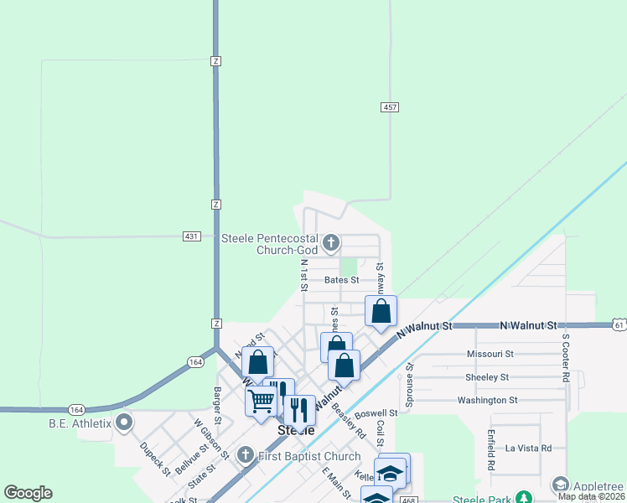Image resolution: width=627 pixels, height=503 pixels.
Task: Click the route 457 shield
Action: pyautogui.click(x=390, y=107)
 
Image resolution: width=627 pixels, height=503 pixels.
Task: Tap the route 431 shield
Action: pyautogui.click(x=192, y=236)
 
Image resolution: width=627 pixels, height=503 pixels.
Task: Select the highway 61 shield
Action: pyautogui.click(x=619, y=324)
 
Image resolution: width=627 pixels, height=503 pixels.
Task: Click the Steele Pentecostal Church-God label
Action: pyautogui.click(x=269, y=243)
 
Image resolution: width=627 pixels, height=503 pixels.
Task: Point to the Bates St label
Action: pyautogui.click(x=341, y=280)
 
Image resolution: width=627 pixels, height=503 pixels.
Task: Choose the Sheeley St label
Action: pyautogui.click(x=487, y=377)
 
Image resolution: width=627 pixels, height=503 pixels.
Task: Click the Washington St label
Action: pyautogui.click(x=487, y=401)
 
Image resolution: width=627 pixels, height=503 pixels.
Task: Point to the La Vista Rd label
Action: pyautogui.click(x=528, y=449)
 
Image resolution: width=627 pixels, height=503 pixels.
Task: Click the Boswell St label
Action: pyautogui.click(x=376, y=413)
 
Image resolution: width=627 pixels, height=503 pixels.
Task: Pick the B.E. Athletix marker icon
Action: pyautogui.click(x=125, y=423)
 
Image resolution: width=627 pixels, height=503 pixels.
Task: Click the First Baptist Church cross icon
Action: pyautogui.click(x=246, y=455)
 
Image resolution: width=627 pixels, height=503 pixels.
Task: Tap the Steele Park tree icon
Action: pyautogui.click(x=524, y=498)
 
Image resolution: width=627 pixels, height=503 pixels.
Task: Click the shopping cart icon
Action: pyautogui.click(x=261, y=400)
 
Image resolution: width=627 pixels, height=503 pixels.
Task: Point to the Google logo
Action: pyautogui.click(x=28, y=493)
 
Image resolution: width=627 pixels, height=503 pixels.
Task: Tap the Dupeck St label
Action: pyautogui.click(x=156, y=459)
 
